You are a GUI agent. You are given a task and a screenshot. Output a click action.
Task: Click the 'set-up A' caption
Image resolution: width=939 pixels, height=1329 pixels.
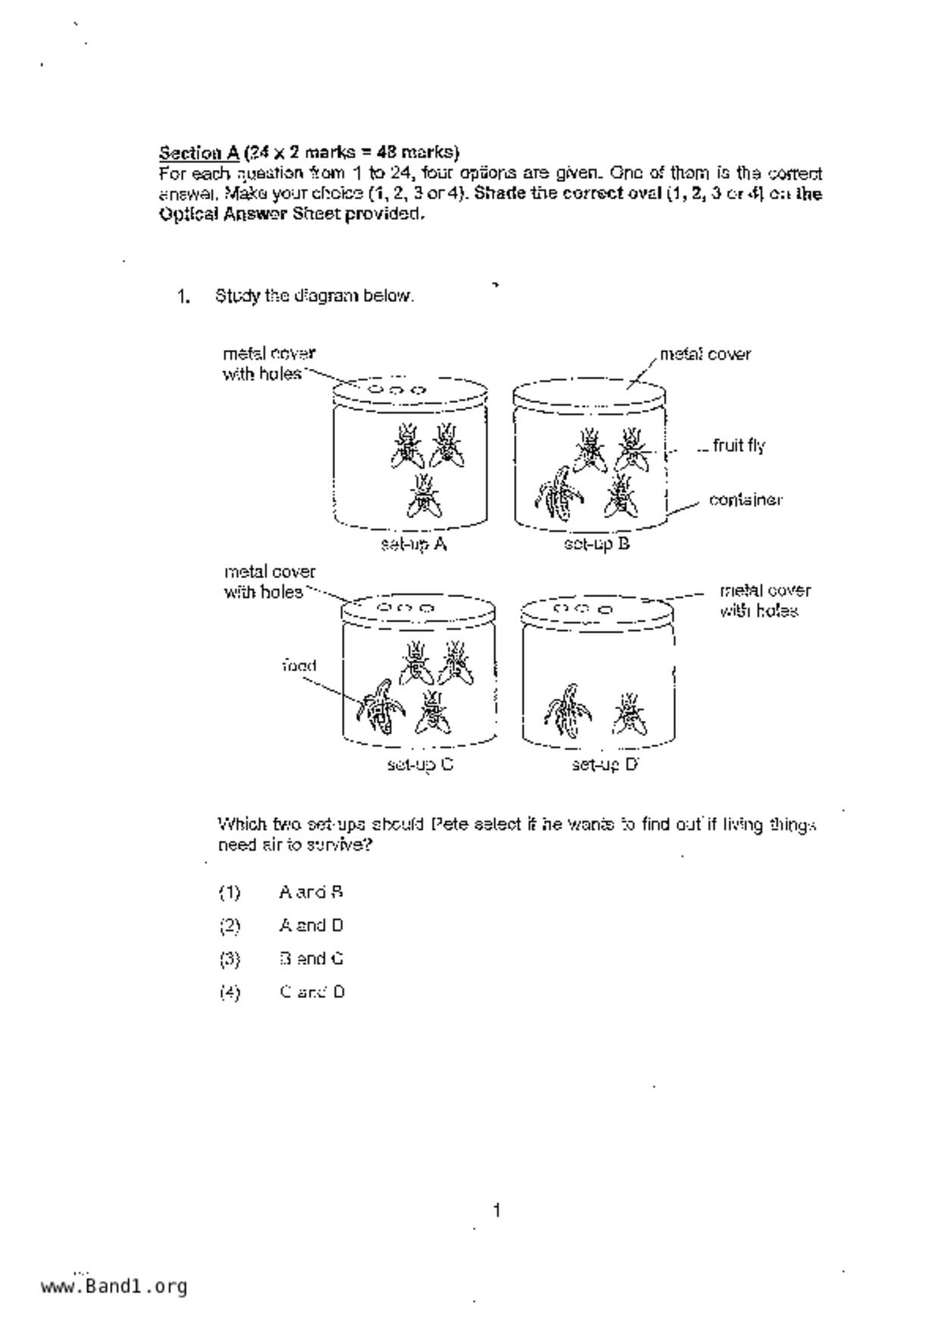tap(413, 544)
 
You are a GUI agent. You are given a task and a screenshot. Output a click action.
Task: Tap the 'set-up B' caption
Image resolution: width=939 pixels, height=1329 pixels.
tap(596, 544)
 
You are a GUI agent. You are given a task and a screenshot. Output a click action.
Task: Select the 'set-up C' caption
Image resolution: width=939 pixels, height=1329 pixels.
tap(420, 765)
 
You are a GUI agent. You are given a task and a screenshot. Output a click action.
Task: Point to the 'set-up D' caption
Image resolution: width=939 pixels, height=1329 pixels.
tap(605, 765)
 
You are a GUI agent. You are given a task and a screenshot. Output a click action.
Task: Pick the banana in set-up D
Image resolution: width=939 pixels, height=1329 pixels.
tap(568, 710)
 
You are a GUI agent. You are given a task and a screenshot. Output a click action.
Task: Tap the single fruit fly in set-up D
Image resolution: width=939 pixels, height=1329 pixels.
tap(629, 714)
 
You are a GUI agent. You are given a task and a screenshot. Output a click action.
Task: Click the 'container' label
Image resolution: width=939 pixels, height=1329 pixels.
tap(745, 500)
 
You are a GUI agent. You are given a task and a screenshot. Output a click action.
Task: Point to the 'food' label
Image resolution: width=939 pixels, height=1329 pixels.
tap(299, 666)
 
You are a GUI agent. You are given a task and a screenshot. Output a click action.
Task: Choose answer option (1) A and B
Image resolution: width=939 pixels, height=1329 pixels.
tap(311, 893)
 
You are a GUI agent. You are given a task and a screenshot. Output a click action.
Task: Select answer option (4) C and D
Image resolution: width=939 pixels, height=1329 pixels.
tap(311, 992)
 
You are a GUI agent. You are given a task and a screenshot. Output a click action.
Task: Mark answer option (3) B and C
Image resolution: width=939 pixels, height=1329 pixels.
tap(311, 958)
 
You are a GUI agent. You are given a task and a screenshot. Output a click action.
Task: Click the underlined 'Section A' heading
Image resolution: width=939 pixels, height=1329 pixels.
tap(199, 152)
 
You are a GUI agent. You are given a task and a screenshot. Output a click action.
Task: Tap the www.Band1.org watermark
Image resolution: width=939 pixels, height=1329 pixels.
tap(114, 1287)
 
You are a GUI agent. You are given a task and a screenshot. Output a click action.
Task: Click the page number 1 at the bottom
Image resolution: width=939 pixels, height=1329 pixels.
tap(496, 1211)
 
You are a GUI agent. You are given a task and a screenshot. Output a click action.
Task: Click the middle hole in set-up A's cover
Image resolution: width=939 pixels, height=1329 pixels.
tap(396, 390)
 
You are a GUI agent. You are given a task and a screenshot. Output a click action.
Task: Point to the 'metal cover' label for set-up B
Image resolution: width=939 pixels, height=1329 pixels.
tap(705, 354)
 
